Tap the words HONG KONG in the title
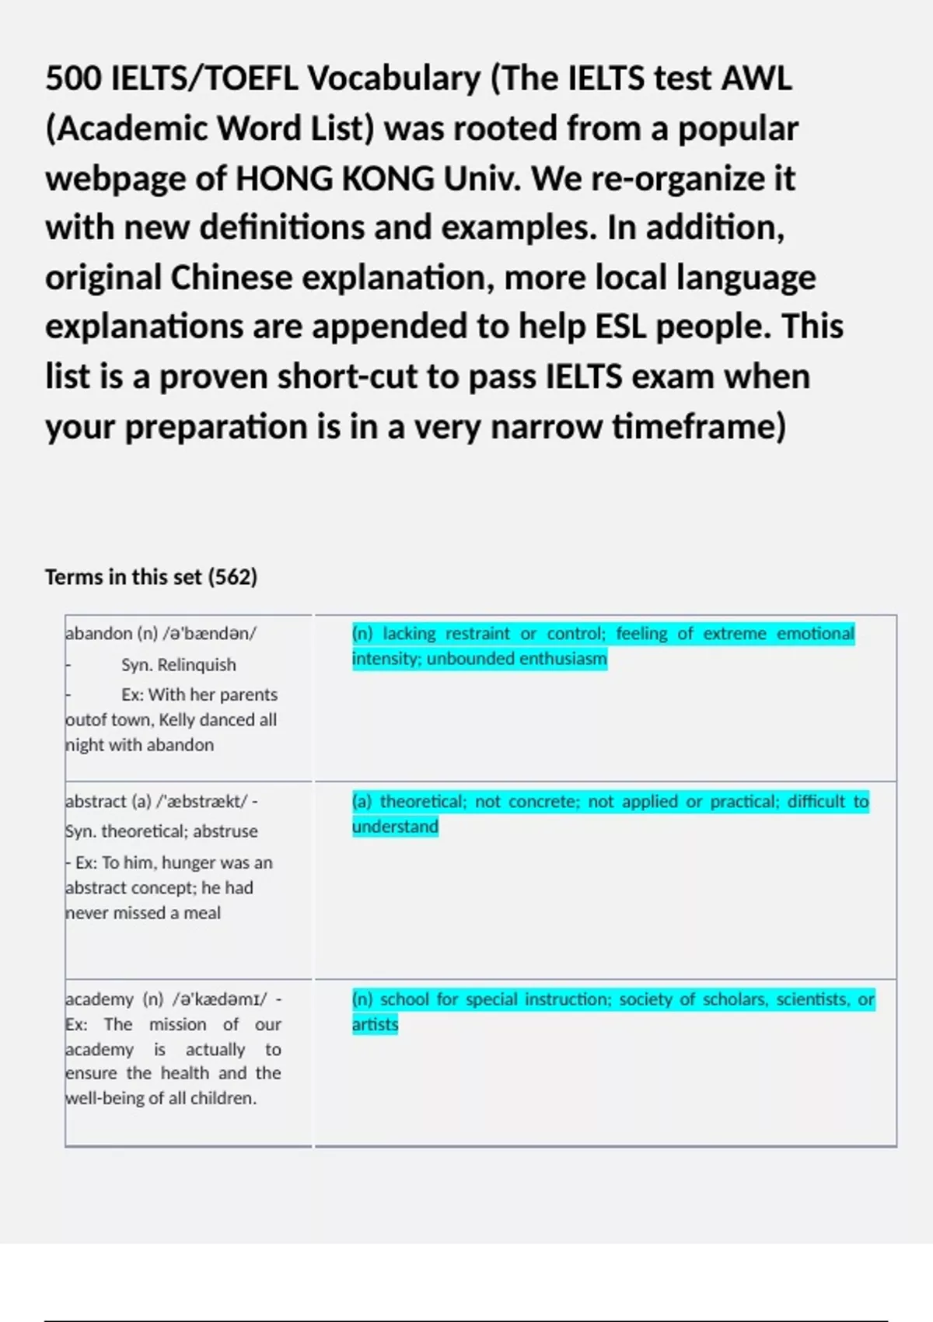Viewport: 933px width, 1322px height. tap(334, 179)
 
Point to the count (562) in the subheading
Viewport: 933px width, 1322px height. tap(232, 577)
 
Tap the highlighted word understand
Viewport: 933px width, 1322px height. tap(395, 827)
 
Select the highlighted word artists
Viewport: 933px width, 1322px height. tap(375, 1025)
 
